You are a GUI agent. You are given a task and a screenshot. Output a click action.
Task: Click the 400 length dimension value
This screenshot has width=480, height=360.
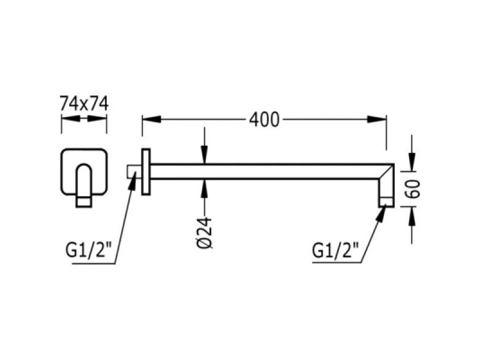click(x=264, y=119)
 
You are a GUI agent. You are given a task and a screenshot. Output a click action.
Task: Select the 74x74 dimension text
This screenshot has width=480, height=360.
click(x=84, y=103)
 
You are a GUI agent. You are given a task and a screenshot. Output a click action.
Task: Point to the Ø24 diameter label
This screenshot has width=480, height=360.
click(x=204, y=233)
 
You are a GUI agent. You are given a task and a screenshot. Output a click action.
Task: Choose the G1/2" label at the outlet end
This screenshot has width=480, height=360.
click(x=335, y=251)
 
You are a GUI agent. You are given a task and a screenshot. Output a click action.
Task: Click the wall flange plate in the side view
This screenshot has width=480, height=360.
click(x=146, y=172)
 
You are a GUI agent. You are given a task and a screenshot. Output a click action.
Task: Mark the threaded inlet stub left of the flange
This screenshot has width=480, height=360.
click(x=134, y=172)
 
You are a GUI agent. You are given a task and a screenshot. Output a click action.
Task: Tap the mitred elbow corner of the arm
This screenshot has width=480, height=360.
click(x=386, y=171)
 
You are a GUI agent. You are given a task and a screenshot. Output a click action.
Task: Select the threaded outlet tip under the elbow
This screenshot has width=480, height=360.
click(x=386, y=202)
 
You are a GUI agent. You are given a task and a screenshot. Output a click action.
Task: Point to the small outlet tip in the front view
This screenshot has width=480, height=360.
click(x=83, y=202)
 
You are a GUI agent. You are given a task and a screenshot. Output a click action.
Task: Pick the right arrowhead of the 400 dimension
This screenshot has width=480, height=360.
click(x=377, y=119)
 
